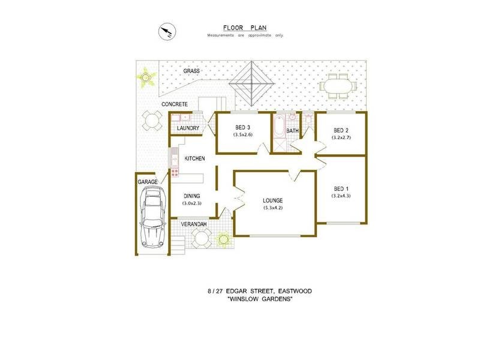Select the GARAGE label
pyautogui.click(x=148, y=181)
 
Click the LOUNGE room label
pyautogui.click(x=272, y=200)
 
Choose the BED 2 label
pyautogui.click(x=341, y=130)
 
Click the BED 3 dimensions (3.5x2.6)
pyautogui.click(x=243, y=136)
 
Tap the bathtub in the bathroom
pyautogui.click(x=279, y=128)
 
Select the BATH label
pyautogui.click(x=293, y=130)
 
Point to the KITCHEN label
pyautogui.click(x=195, y=158)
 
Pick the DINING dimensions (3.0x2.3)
pyautogui.click(x=193, y=203)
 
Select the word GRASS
pyautogui.click(x=192, y=71)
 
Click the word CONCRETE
pyautogui.click(x=175, y=104)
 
